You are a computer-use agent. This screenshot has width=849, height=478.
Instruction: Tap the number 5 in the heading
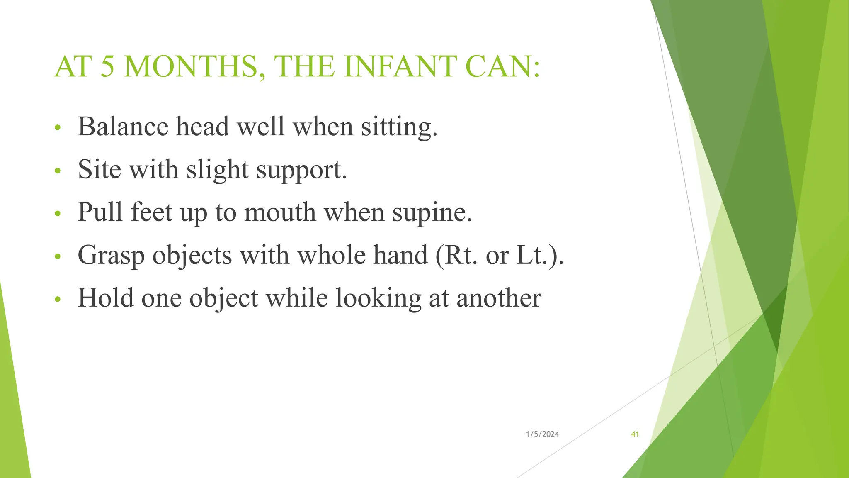coord(107,67)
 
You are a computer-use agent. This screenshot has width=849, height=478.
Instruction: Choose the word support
coord(301,171)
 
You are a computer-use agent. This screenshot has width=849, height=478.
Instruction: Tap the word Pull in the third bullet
coord(101,212)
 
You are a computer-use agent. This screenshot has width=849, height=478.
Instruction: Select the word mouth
coord(280,212)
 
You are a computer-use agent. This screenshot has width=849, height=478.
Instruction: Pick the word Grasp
coord(111,256)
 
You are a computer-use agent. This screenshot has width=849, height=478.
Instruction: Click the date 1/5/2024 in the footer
coord(542,434)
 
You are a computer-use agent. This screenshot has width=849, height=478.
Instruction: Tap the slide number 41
coord(635,434)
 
